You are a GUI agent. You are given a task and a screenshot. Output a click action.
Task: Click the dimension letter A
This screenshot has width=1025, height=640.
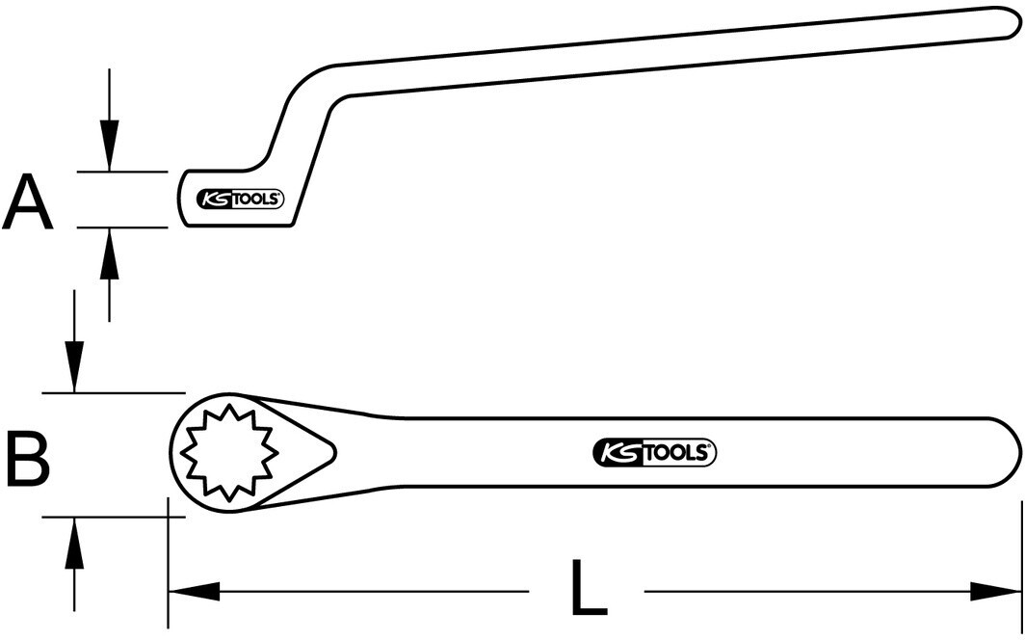pos(27,202)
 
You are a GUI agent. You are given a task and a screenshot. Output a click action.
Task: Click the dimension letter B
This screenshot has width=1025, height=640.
pos(28,458)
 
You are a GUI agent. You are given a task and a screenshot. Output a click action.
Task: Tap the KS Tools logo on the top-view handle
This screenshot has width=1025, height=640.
pos(654,452)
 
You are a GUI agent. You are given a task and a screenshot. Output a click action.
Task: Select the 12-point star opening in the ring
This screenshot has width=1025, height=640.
pos(229,452)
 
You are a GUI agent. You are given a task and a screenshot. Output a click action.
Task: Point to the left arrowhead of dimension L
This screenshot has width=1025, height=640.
pos(195,592)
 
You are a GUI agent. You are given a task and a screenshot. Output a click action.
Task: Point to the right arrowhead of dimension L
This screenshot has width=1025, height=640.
pos(995,592)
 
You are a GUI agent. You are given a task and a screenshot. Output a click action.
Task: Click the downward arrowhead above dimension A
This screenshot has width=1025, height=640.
pos(109,146)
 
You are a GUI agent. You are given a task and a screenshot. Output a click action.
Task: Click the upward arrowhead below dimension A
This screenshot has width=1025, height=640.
pos(109,253)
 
